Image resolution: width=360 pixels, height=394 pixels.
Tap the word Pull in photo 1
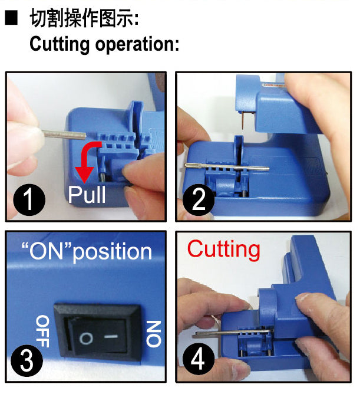87,194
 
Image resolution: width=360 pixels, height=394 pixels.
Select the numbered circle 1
29,202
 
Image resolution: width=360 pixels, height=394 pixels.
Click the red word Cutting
223,249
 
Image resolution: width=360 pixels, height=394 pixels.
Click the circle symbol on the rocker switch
85,339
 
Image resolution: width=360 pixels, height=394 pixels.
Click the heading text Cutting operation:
104,44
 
